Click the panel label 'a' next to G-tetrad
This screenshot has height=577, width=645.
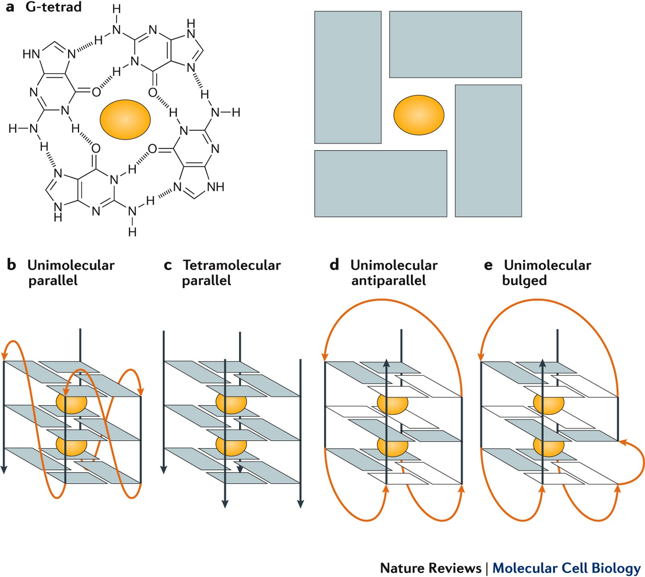click(10, 7)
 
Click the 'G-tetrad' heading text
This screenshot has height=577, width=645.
click(54, 7)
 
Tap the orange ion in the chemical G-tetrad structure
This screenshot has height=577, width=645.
click(125, 119)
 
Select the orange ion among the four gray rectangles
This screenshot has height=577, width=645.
click(419, 115)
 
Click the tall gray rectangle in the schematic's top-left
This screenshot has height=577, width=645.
click(348, 77)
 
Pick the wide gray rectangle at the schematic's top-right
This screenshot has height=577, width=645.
click(455, 44)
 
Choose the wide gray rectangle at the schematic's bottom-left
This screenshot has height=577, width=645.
click(381, 183)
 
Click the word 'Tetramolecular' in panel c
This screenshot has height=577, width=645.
click(232, 265)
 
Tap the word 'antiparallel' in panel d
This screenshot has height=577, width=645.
click(388, 280)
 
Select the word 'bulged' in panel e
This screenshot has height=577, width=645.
click(524, 280)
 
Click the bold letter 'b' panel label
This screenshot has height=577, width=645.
click(12, 265)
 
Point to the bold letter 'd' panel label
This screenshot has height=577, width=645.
click(334, 265)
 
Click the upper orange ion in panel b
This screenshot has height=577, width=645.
click(72, 402)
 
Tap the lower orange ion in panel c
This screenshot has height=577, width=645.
click(231, 445)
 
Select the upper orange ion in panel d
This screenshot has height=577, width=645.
click(393, 402)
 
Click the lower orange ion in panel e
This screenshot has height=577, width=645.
click(549, 445)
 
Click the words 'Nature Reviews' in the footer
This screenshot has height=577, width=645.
click(430, 568)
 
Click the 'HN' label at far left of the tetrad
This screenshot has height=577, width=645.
click(31, 54)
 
